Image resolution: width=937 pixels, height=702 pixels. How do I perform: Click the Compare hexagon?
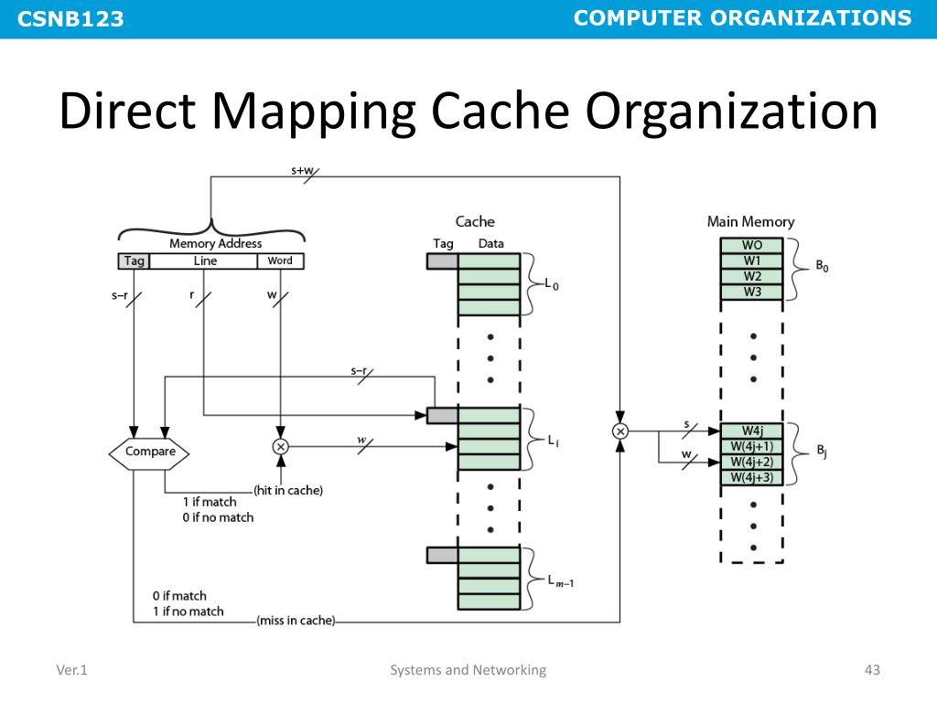pyautogui.click(x=150, y=451)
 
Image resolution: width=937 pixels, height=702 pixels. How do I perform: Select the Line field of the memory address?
pyautogui.click(x=205, y=261)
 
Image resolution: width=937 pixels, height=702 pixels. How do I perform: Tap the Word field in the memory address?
pyautogui.click(x=280, y=261)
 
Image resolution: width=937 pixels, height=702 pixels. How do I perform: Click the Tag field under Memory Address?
pyautogui.click(x=134, y=261)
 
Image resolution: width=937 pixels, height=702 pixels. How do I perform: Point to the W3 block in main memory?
pyautogui.click(x=752, y=292)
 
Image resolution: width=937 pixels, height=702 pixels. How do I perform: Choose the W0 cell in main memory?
pyautogui.click(x=752, y=245)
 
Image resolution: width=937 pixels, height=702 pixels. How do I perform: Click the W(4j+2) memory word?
pyautogui.click(x=752, y=462)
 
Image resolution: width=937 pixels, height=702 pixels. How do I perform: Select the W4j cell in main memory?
pyautogui.click(x=752, y=431)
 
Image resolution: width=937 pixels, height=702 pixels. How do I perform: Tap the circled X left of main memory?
pyautogui.click(x=620, y=431)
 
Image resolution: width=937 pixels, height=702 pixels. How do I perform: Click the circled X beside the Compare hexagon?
pyautogui.click(x=280, y=446)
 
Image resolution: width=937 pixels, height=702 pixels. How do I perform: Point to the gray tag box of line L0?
pyautogui.click(x=442, y=261)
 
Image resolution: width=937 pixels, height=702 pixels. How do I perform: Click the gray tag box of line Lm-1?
pyautogui.click(x=442, y=555)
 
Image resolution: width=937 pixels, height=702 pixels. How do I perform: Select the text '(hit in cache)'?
pyautogui.click(x=288, y=490)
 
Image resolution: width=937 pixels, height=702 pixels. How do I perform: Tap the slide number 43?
pyautogui.click(x=871, y=670)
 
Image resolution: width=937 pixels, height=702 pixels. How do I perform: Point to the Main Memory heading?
pyautogui.click(x=750, y=221)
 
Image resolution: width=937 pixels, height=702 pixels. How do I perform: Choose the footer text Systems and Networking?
pyautogui.click(x=468, y=670)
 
